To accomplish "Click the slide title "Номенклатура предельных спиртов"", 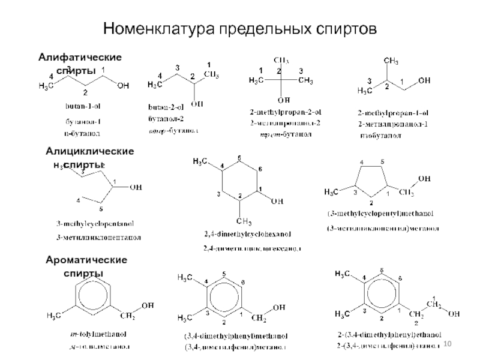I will (x=239, y=28).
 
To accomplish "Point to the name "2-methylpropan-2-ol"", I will (x=286, y=112).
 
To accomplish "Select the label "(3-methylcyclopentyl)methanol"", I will (x=379, y=213).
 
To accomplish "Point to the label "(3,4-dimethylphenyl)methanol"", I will (x=236, y=336).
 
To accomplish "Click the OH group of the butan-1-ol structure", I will (x=122, y=86).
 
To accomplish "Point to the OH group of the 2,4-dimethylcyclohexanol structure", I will (x=277, y=202).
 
